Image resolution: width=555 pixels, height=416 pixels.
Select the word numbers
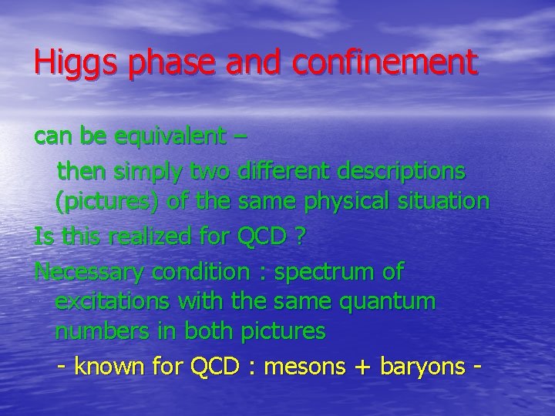[98, 333]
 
